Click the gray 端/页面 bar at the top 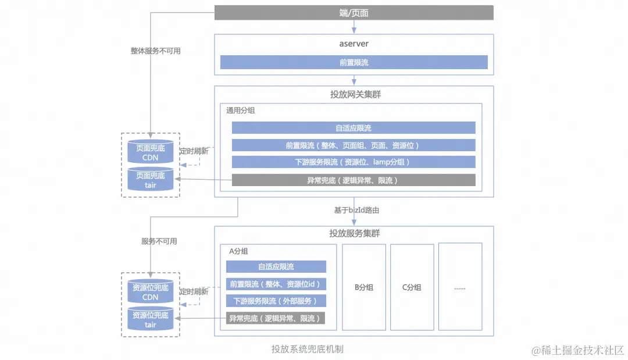pyautogui.click(x=354, y=12)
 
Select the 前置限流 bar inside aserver pyautogui.click(x=354, y=62)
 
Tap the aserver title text pyautogui.click(x=354, y=44)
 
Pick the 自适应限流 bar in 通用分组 pyautogui.click(x=354, y=128)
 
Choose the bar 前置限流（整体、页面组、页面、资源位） pyautogui.click(x=354, y=145)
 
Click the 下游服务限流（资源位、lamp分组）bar pyautogui.click(x=354, y=162)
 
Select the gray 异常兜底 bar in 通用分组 pyautogui.click(x=354, y=180)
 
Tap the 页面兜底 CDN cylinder pyautogui.click(x=151, y=152)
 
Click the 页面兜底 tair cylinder pyautogui.click(x=151, y=180)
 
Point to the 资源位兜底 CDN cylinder pyautogui.click(x=151, y=292)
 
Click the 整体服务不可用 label pyautogui.click(x=155, y=51)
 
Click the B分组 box pyautogui.click(x=364, y=287)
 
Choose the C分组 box pyautogui.click(x=412, y=287)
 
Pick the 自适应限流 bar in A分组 pyautogui.click(x=276, y=266)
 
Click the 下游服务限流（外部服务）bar pyautogui.click(x=276, y=301)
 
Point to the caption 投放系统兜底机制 pyautogui.click(x=307, y=349)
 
